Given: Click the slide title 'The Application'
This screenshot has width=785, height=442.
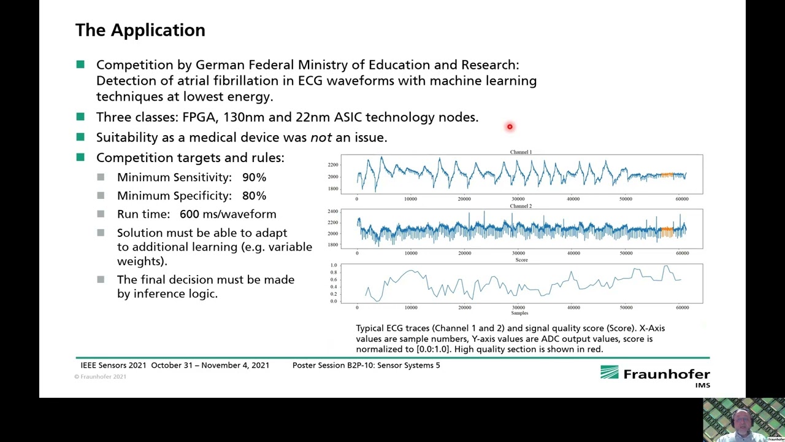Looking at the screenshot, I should (140, 30).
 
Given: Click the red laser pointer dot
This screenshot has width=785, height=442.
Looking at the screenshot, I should (510, 127).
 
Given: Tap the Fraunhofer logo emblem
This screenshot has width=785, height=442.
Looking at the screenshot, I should (610, 373).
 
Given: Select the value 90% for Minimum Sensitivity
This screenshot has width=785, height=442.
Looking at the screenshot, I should (254, 177).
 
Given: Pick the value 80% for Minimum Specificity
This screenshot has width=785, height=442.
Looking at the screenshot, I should (254, 196).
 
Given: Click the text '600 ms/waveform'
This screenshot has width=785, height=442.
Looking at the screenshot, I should (228, 214).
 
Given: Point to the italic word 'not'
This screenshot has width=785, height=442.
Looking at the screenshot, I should (321, 138).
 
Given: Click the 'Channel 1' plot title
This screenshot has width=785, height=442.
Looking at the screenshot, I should (521, 152).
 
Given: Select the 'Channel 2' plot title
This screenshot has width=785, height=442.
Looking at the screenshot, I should (521, 206).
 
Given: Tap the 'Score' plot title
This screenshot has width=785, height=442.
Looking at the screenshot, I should (521, 260).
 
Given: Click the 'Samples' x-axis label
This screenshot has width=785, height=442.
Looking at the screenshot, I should (519, 313).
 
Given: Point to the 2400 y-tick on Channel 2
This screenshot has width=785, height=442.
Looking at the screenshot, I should (332, 211).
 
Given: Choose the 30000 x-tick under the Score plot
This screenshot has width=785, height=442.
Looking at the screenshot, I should (518, 307).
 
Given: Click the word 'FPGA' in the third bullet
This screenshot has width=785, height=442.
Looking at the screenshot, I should (199, 117).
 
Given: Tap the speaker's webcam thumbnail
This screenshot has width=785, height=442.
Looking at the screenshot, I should (743, 420).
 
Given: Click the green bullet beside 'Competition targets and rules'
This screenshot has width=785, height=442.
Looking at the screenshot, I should (80, 158).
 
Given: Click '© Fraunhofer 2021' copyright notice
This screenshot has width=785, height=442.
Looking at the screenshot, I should (101, 376).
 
